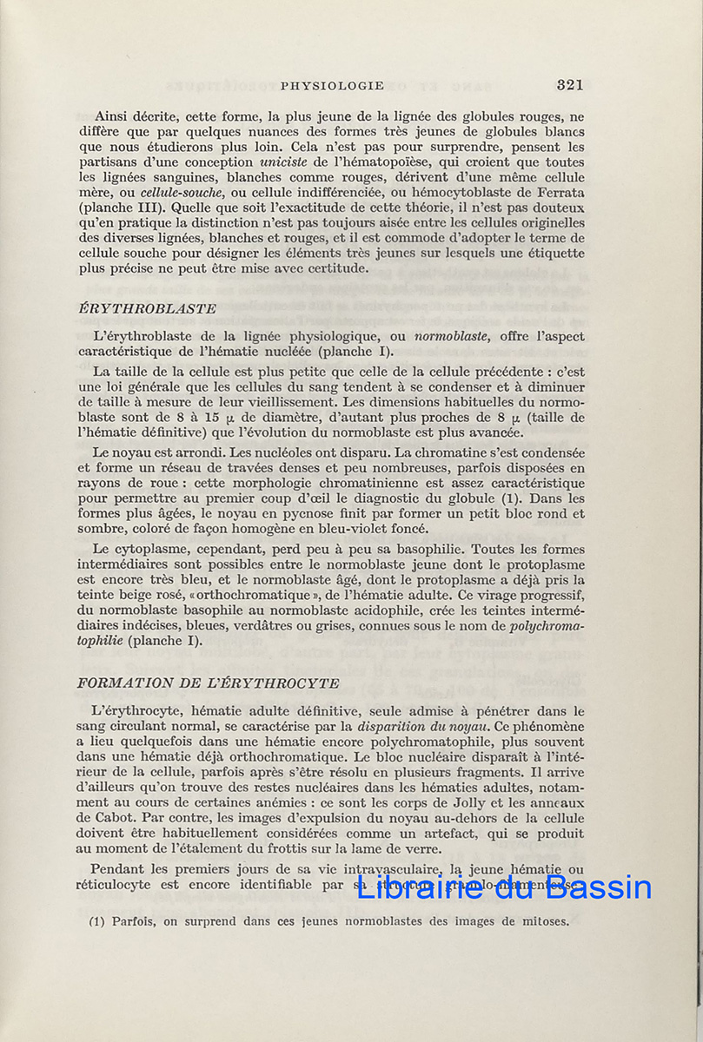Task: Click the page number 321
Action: (x=569, y=85)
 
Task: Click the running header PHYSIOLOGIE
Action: (x=332, y=86)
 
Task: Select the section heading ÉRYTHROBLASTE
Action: (x=147, y=309)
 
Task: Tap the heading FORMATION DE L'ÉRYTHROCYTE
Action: (x=209, y=683)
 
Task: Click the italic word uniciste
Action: (x=282, y=162)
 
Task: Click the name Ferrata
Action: (x=558, y=193)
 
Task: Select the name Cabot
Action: (x=121, y=818)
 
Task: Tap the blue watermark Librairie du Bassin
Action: (x=504, y=887)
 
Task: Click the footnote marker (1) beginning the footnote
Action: (x=96, y=921)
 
